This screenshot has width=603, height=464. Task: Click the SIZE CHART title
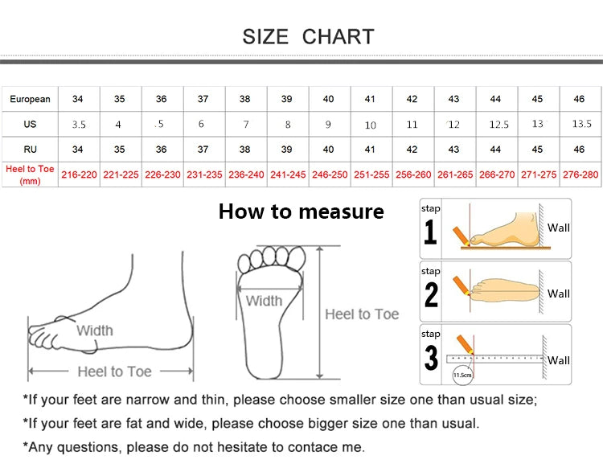(308, 36)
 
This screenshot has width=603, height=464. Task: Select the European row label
(30, 100)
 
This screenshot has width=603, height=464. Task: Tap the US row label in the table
(30, 125)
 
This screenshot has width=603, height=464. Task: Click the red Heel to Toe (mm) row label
(30, 175)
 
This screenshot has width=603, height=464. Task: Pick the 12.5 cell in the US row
(499, 125)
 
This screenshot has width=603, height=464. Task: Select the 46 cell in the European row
(579, 100)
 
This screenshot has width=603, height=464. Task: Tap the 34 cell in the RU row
(78, 150)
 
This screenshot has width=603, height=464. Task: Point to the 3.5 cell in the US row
(79, 125)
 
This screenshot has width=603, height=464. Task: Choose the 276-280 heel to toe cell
(580, 175)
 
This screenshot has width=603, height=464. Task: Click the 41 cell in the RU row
(370, 150)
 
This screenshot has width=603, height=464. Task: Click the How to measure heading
(301, 211)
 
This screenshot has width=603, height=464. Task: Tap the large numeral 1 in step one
(431, 233)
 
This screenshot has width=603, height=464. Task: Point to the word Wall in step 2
(559, 294)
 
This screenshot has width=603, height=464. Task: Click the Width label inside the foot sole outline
(264, 301)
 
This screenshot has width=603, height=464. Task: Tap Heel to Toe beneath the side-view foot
(114, 372)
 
